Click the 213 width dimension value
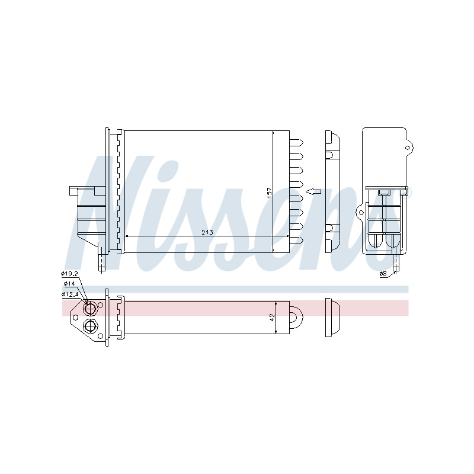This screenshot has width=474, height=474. click(208, 232)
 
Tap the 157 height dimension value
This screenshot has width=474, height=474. click(270, 193)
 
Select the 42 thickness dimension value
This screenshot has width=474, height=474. click(272, 317)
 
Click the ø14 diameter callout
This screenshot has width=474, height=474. click(69, 284)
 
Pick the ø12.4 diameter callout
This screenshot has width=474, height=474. click(70, 294)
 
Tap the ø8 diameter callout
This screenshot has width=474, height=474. click(383, 274)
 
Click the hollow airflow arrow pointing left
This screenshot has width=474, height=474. click(313, 191)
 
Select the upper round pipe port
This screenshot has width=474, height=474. click(91, 308)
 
